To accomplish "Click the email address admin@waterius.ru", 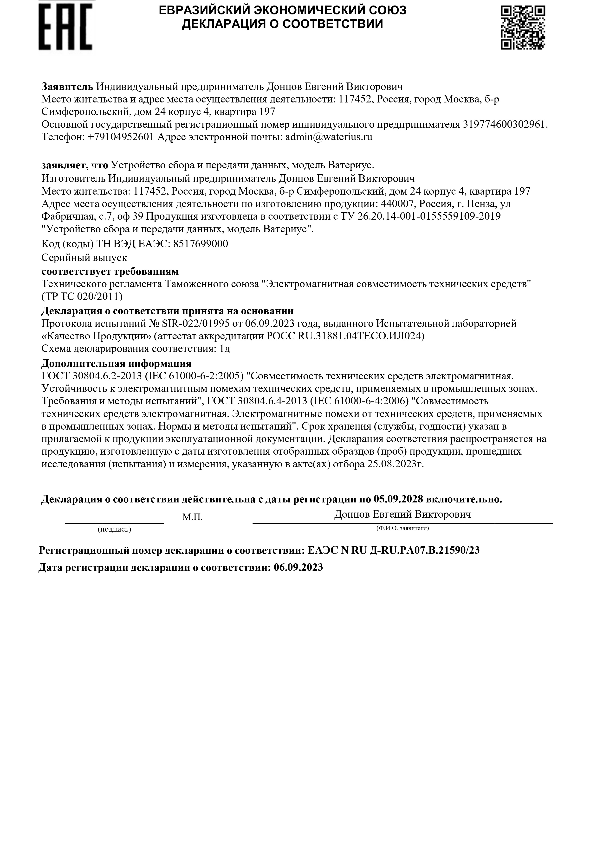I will click(x=329, y=137).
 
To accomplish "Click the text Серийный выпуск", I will click(x=84, y=257).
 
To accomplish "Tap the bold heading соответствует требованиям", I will click(x=110, y=271).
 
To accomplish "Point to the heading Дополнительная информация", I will click(x=116, y=363).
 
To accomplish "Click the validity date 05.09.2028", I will click(x=399, y=499).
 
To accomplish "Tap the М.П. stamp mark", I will click(x=192, y=517).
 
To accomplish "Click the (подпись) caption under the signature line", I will click(x=114, y=529).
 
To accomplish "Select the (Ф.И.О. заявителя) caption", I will click(x=402, y=528).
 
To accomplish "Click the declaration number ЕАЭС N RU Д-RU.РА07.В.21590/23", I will click(x=393, y=550).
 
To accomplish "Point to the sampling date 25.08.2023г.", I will click(x=396, y=464).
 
